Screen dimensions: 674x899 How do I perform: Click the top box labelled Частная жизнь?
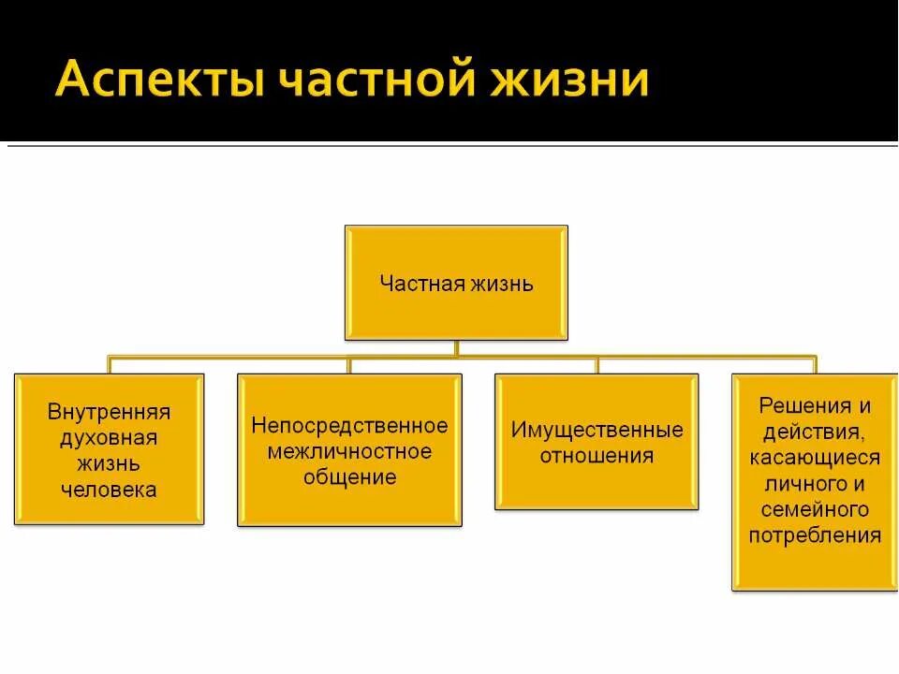coord(456,283)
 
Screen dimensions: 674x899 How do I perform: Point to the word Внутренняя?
coord(110,412)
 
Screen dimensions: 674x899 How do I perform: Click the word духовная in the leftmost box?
coord(110,437)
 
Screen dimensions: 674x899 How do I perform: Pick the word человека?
coord(110,489)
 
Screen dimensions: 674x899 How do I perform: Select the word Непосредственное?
coord(349,426)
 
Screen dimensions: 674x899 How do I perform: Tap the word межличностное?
coord(349,451)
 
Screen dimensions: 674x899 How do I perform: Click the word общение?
coord(349,476)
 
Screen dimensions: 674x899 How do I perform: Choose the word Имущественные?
coord(597,431)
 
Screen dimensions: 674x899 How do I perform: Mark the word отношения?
coord(597,456)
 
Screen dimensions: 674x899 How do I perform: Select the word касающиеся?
coord(815,458)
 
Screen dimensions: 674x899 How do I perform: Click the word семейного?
coord(815,510)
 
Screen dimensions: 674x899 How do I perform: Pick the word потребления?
coord(815,535)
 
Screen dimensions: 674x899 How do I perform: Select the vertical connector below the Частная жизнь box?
coord(456,347)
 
